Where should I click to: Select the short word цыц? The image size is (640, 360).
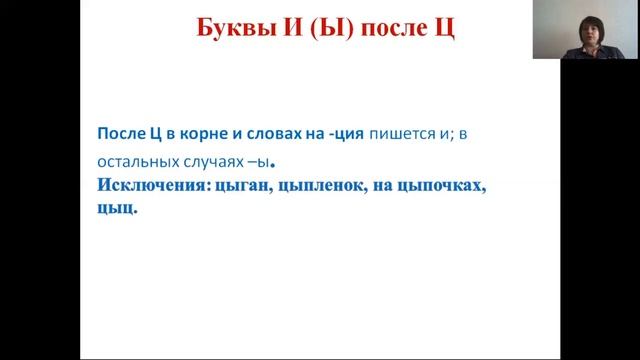click(x=114, y=210)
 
